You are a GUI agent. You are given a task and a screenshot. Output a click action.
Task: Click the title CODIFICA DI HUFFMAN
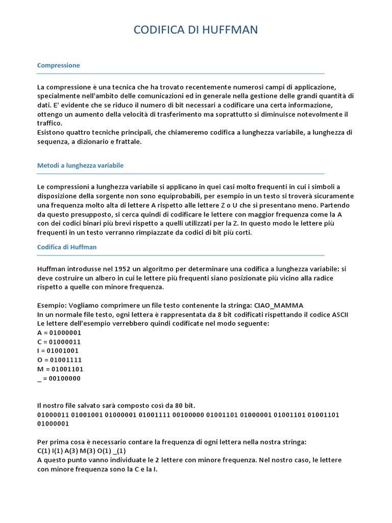(195, 30)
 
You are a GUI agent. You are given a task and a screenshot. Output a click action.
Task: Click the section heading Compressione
(59, 65)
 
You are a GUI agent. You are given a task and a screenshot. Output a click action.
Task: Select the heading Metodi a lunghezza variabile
(80, 165)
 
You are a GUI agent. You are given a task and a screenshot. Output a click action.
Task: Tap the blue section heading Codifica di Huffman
(67, 247)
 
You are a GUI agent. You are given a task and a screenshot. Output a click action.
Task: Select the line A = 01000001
(59, 332)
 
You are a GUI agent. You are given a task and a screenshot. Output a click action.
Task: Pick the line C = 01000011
(59, 342)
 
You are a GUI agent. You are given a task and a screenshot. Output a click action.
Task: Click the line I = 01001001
(58, 351)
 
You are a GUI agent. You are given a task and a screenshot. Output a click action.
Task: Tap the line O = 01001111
(59, 360)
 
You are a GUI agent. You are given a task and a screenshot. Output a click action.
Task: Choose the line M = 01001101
(60, 369)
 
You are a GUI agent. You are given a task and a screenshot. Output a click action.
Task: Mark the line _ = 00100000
(59, 378)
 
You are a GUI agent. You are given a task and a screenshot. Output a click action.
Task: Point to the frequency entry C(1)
(44, 450)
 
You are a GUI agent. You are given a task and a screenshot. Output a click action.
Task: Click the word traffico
(50, 123)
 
